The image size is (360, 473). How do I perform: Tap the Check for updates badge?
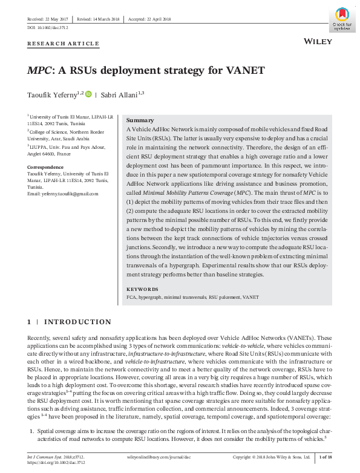tap(344, 18)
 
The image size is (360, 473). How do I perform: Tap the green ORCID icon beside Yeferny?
tap(88, 94)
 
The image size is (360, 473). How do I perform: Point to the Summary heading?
tap(139, 120)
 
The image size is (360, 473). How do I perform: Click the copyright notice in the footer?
tap(272, 457)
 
